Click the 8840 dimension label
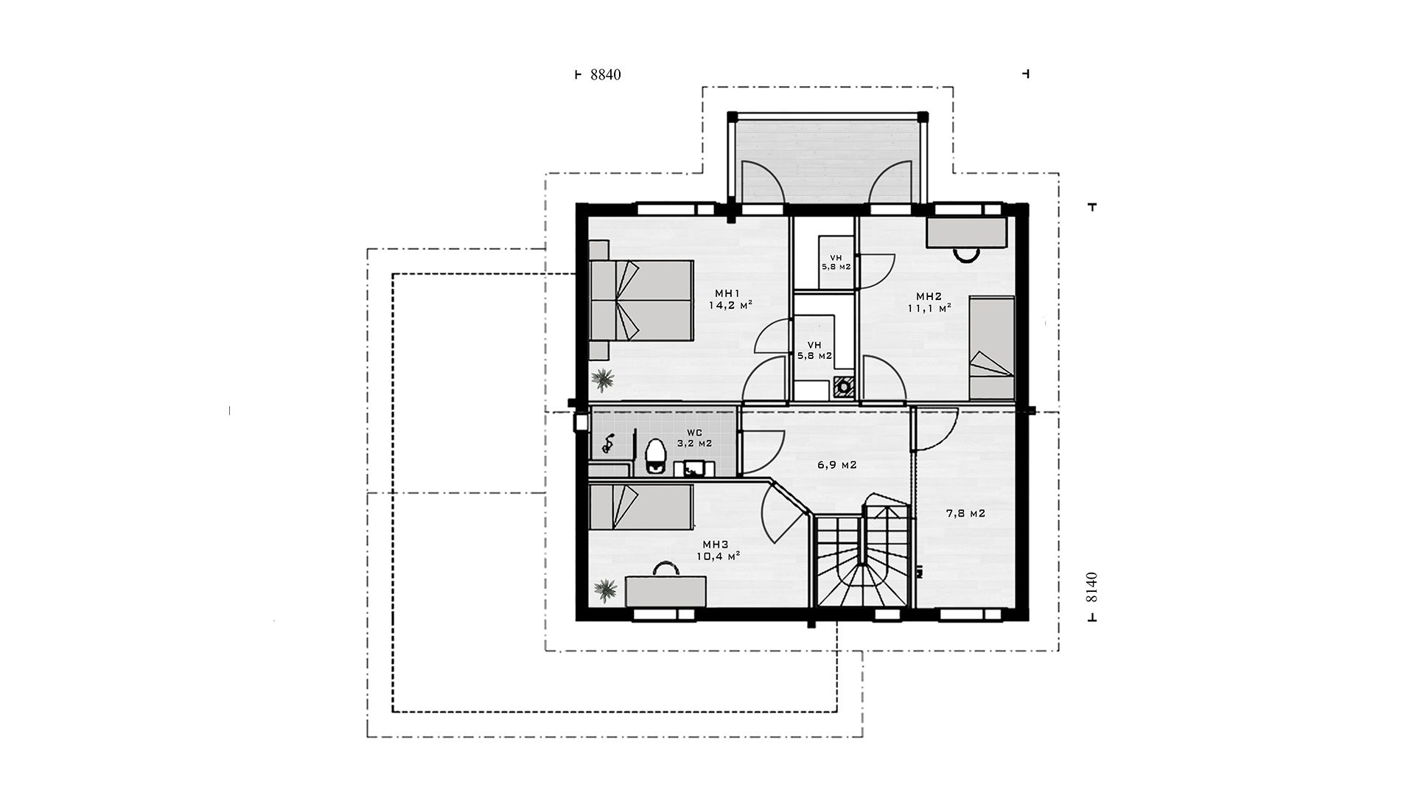point(607,74)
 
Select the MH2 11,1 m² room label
point(929,302)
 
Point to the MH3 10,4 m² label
point(719,550)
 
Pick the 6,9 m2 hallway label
point(836,465)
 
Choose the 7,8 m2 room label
point(965,514)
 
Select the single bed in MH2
point(991,347)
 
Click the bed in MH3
point(641,507)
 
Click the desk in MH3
point(665,591)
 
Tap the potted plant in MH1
point(604,380)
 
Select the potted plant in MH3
point(606,590)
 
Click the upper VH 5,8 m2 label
point(836,262)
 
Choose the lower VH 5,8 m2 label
point(814,350)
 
